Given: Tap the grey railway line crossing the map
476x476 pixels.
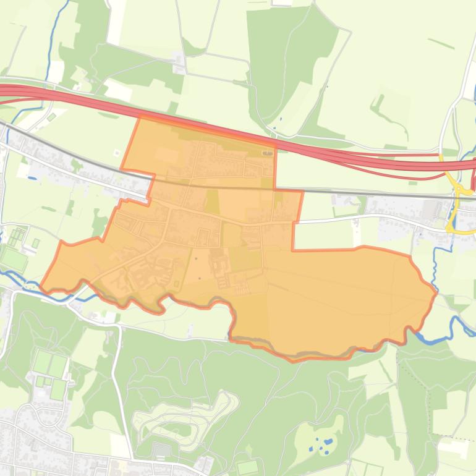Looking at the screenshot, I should pyautogui.click(x=371, y=193).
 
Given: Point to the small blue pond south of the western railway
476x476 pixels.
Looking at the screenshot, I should pyautogui.click(x=32, y=178).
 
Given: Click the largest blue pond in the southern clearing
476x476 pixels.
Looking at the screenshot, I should pyautogui.click(x=328, y=442).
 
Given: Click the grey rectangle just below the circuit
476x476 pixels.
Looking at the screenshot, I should pyautogui.click(x=162, y=450).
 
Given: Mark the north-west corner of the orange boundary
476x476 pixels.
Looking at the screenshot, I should pyautogui.click(x=140, y=117).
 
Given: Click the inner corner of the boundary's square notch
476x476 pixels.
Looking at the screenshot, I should pyautogui.click(x=292, y=249).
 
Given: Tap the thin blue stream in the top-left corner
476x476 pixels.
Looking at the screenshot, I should pyautogui.click(x=54, y=31).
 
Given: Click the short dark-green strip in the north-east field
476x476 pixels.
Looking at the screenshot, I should pyautogui.click(x=440, y=43).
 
